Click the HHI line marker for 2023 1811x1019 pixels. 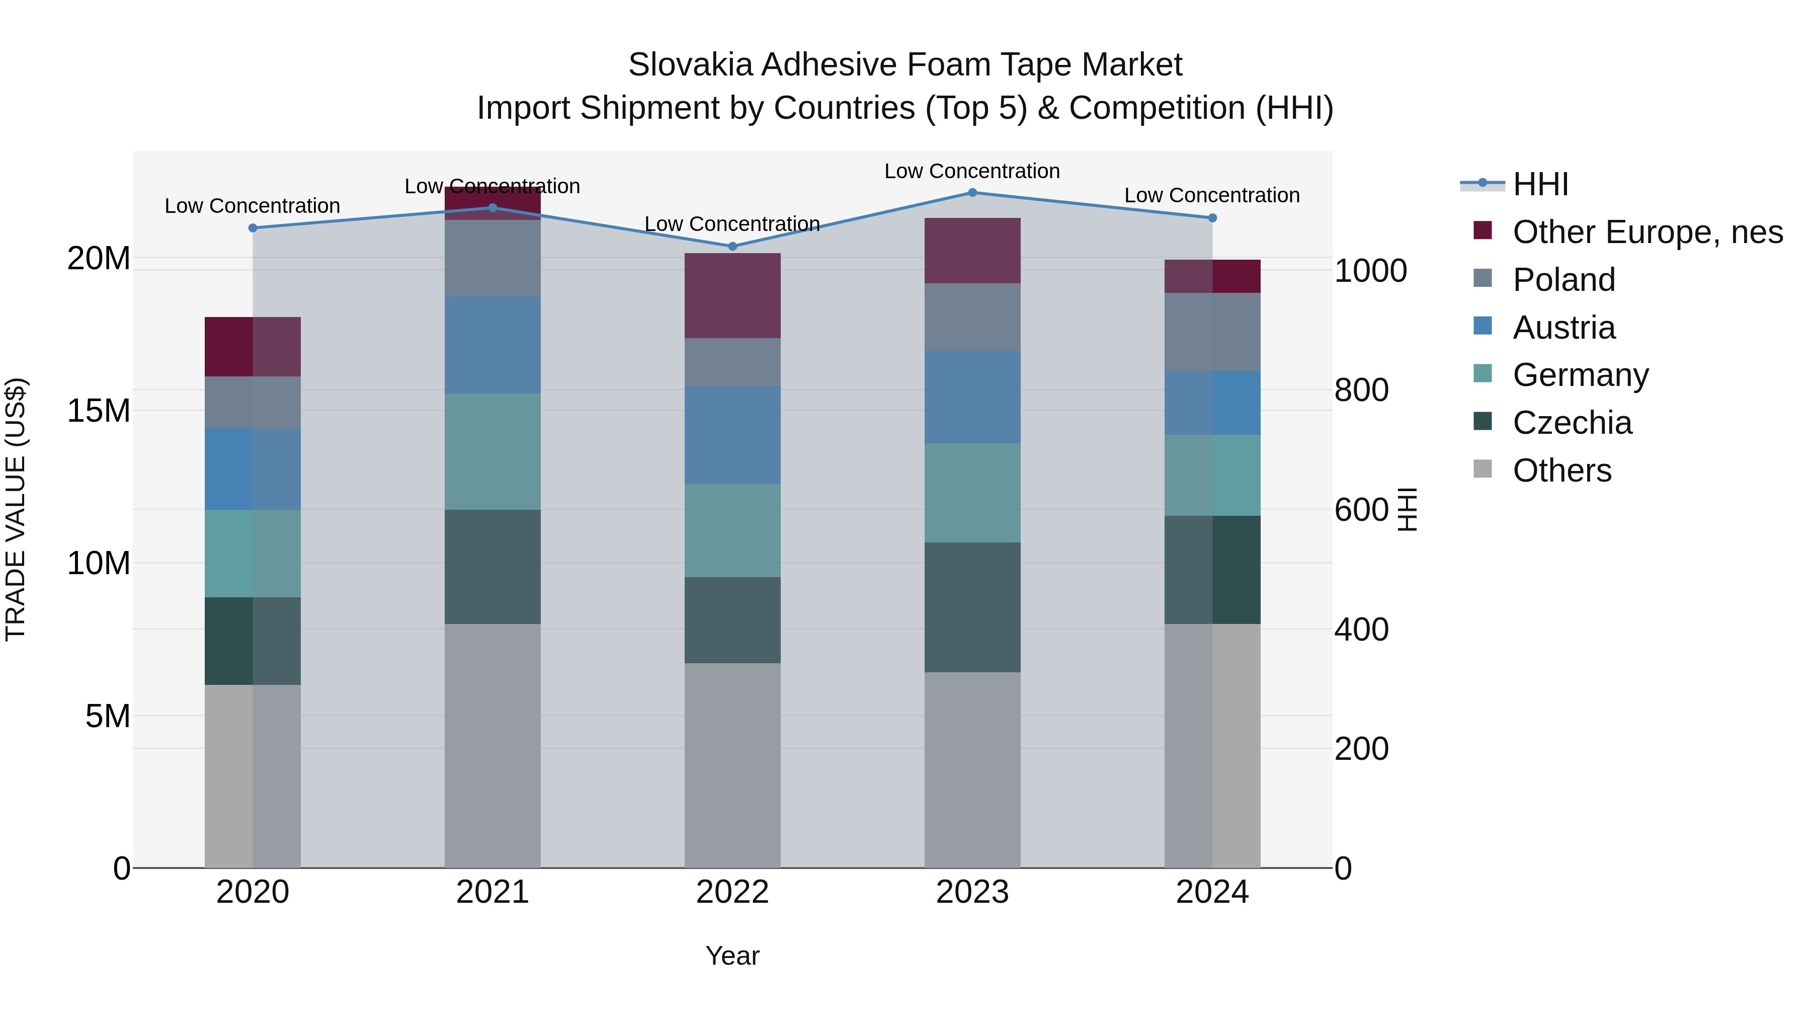972,192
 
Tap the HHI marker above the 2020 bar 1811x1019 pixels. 253,228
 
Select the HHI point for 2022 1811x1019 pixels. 732,246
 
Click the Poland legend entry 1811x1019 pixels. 1563,280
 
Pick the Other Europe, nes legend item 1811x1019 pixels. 1647,232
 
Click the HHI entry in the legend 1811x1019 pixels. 1540,184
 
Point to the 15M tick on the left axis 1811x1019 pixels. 99,411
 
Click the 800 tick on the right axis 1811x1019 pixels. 1361,390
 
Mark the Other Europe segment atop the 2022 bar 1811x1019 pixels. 732,295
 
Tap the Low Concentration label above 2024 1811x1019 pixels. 1211,196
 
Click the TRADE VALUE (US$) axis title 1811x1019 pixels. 16,509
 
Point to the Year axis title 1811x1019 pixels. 732,956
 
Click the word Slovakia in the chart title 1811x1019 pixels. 690,65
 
